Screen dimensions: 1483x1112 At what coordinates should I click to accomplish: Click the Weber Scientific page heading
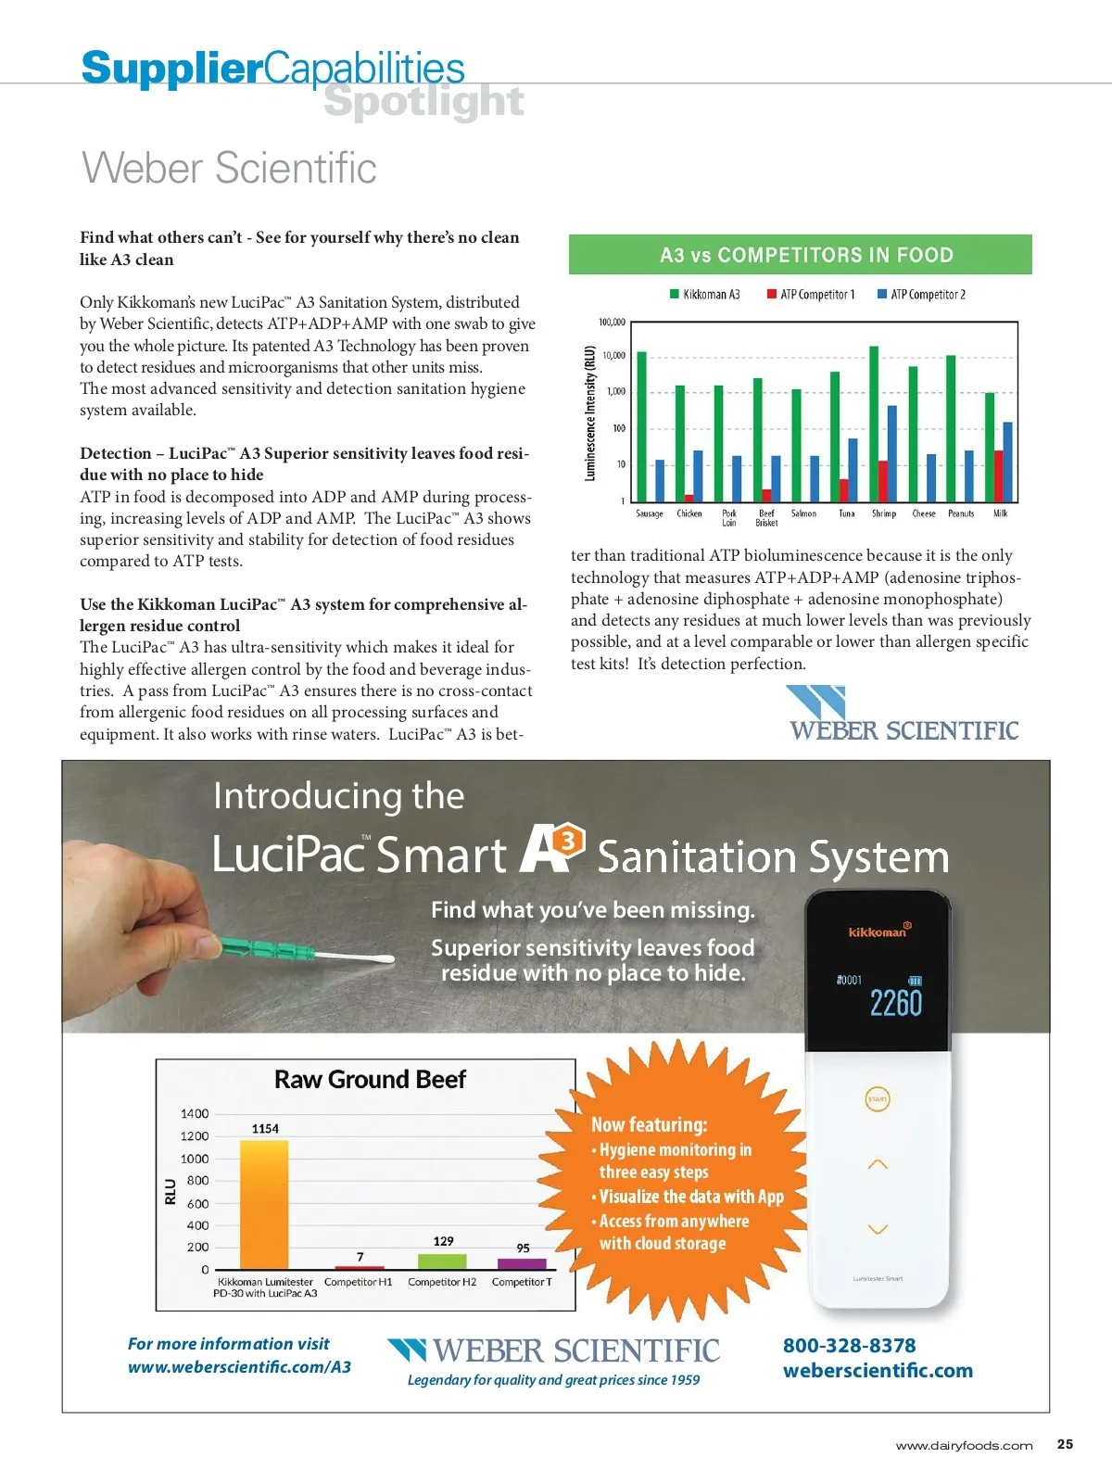pos(229,168)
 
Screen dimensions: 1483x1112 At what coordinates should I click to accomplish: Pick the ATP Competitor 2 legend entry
pos(921,295)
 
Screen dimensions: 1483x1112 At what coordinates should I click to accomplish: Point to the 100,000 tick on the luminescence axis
pos(612,323)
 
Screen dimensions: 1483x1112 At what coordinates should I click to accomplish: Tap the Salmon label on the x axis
pos(803,513)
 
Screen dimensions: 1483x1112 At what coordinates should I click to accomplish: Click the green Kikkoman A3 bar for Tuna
pos(835,436)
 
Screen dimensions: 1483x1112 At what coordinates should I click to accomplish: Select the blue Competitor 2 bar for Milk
pos(1007,461)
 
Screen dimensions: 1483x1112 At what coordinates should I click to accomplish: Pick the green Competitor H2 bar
pos(442,1261)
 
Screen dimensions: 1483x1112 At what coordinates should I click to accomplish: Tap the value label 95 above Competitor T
pos(523,1248)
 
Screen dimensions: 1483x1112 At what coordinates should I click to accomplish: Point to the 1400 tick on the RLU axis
pos(195,1114)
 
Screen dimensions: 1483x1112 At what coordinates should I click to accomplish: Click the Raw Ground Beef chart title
pos(370,1080)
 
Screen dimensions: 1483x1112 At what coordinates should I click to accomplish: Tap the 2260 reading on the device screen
pos(895,1003)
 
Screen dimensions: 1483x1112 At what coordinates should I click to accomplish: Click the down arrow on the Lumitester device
pos(877,1229)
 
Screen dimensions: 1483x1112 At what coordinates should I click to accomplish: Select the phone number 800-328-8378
pos(849,1345)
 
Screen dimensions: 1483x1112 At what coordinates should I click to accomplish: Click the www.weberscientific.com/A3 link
pos(239,1366)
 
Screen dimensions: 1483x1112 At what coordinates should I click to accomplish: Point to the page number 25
pos(1065,1444)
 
